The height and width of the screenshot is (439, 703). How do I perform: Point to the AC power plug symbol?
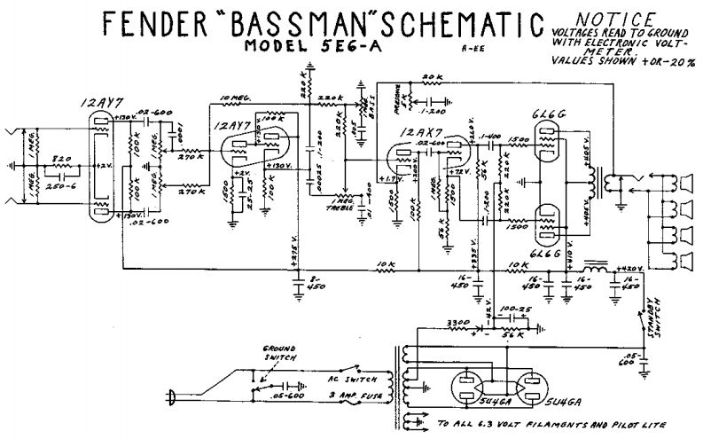tap(174, 396)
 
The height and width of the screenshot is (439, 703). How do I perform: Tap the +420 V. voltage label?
tap(631, 268)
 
